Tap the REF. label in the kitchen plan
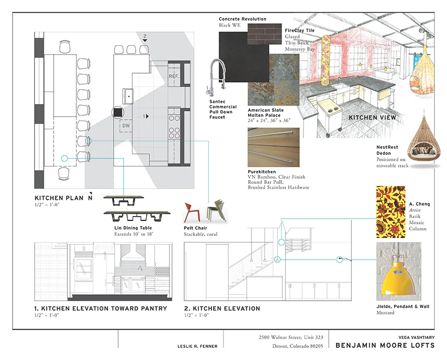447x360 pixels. click(x=174, y=76)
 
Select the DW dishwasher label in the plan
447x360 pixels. click(x=126, y=126)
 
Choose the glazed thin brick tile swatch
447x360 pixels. click(x=266, y=36)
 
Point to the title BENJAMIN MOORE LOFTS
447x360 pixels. click(x=385, y=345)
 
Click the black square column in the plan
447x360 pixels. click(x=118, y=112)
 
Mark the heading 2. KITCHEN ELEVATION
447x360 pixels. click(x=222, y=308)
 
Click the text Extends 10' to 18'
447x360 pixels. click(x=133, y=234)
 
